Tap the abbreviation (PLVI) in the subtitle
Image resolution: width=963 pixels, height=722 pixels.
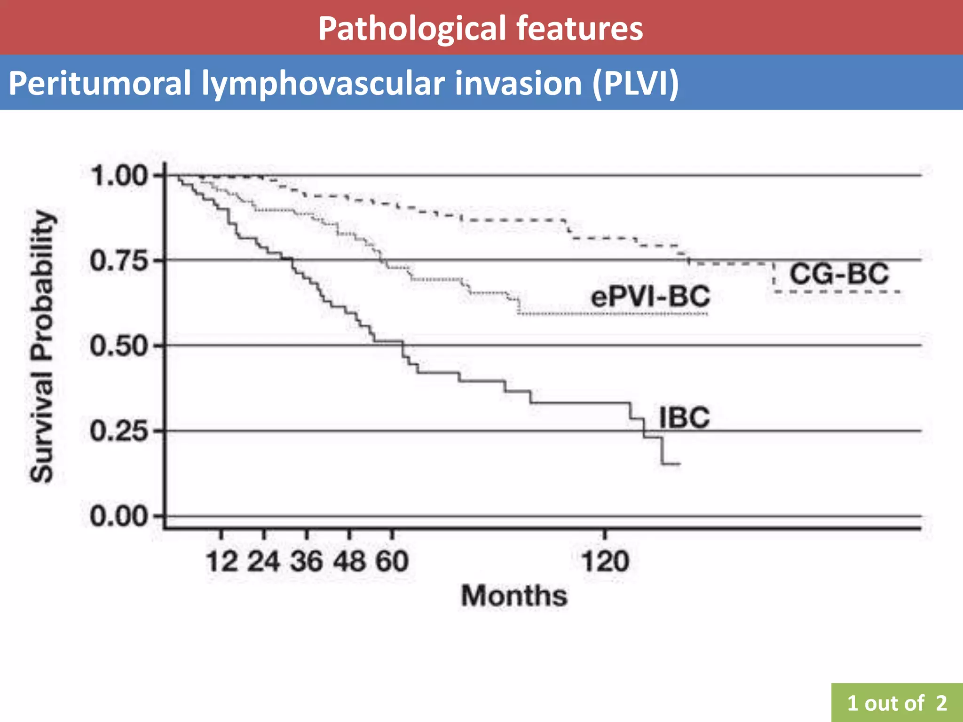(635, 83)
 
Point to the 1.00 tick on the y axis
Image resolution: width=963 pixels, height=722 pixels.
(119, 176)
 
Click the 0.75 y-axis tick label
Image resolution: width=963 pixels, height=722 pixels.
(119, 260)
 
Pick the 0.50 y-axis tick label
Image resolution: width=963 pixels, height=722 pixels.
(119, 346)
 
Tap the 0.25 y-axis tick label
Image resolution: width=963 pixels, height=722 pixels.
(119, 431)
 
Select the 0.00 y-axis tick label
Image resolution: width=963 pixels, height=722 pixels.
(119, 516)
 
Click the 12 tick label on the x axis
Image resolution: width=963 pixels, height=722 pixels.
(222, 561)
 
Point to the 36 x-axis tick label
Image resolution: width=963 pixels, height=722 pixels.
(307, 561)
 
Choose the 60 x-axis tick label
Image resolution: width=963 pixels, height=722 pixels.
(392, 561)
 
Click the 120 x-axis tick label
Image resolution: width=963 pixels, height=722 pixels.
(605, 561)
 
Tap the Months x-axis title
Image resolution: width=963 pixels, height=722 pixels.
(514, 596)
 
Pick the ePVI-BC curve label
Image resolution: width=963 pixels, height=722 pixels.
(650, 297)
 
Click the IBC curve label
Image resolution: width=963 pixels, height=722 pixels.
(684, 417)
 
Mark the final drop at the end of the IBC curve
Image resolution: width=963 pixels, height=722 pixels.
(662, 451)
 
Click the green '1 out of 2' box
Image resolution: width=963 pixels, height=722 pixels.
(897, 703)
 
